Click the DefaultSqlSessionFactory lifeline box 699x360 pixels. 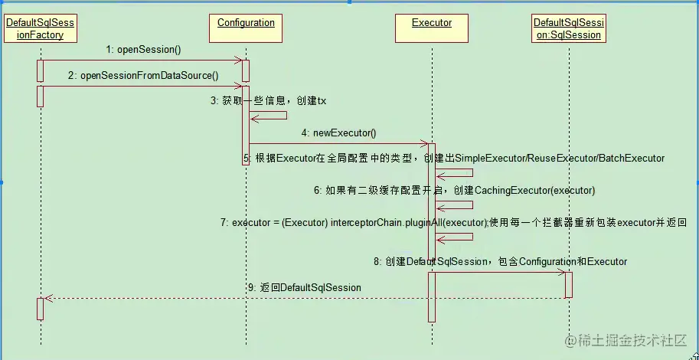40,29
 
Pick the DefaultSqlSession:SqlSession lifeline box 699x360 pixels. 567,29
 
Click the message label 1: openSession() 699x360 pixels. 144,50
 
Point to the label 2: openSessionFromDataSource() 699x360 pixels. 143,75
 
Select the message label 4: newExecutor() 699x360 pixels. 339,133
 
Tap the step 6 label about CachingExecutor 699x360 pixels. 454,189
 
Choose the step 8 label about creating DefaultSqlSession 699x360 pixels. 501,262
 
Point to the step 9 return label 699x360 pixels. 304,287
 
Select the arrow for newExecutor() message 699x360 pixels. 337,143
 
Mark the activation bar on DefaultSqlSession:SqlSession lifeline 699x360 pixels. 568,284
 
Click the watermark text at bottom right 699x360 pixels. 626,340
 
